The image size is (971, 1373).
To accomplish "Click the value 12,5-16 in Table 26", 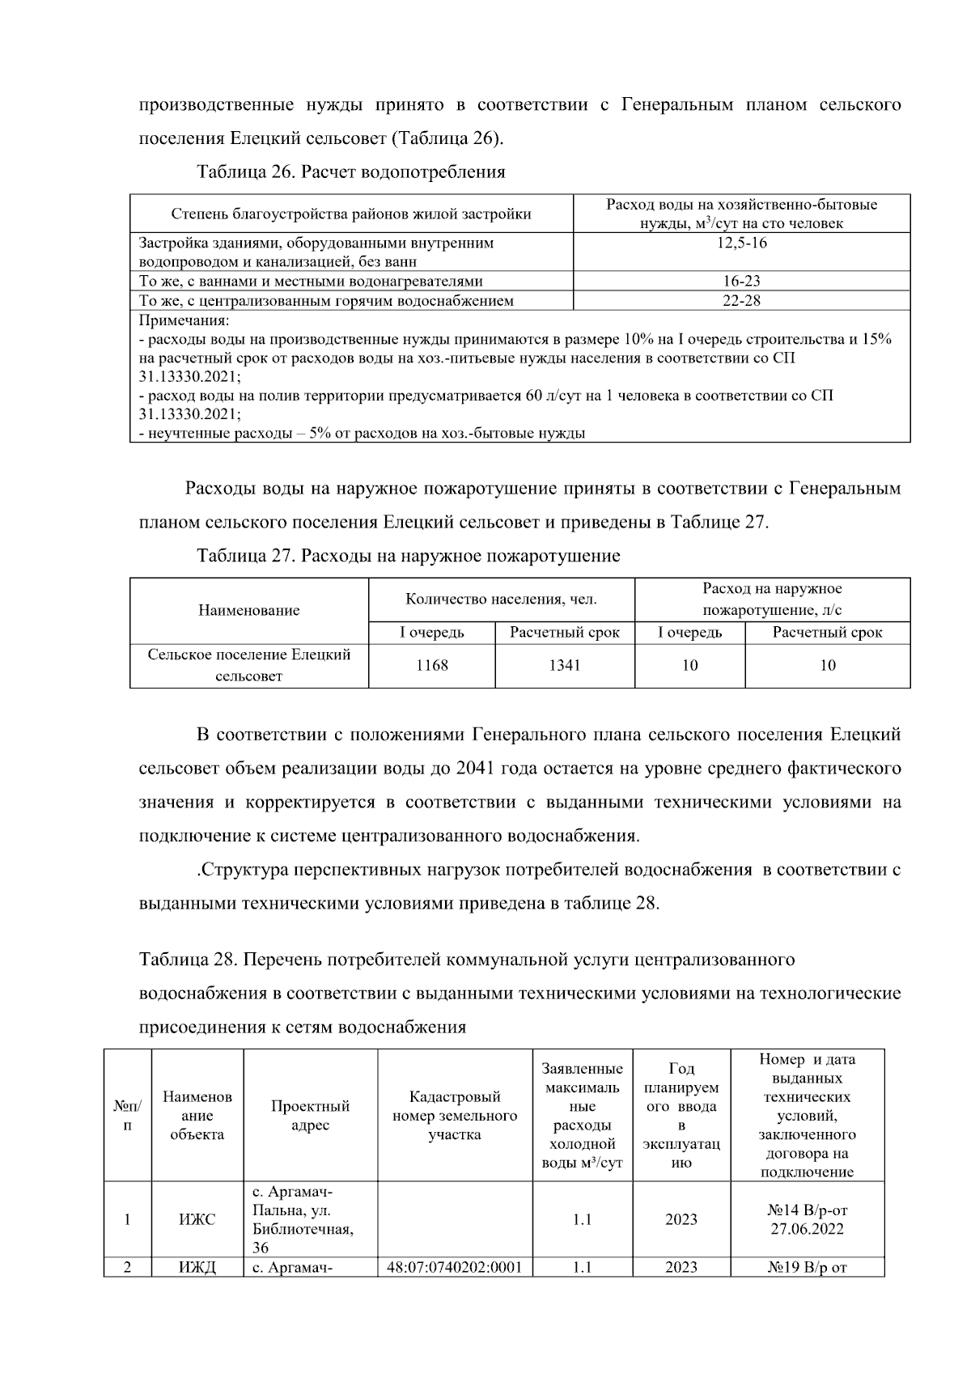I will coord(741,243).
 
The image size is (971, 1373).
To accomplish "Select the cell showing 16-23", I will coord(741,282).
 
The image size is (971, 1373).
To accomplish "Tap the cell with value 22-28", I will coord(741,301).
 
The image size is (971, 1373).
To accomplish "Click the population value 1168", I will coord(431,665).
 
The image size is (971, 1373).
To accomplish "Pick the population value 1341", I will coord(564,665).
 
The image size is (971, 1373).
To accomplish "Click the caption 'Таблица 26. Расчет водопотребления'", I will coord(351,172).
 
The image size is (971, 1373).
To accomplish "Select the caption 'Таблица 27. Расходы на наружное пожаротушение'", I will coord(409,556).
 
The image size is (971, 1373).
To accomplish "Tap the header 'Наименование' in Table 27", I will coord(248,610).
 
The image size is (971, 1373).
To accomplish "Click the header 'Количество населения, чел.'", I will coord(501,600).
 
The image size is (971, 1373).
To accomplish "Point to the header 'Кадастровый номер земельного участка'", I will coord(455,1115).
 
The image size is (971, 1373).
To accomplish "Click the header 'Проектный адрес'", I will coord(310,1115).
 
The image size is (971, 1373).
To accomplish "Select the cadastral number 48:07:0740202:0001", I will coord(455,1267).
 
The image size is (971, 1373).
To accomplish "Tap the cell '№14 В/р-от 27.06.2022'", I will coord(807,1219).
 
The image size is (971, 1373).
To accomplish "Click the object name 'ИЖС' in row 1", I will coord(197,1219).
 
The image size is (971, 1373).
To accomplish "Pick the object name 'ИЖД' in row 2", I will coord(197,1267).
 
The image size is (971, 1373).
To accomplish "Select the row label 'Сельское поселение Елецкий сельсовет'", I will coord(248,665).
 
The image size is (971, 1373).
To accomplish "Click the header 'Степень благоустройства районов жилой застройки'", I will coord(351,214).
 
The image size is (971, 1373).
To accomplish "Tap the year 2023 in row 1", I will coord(681,1219).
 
